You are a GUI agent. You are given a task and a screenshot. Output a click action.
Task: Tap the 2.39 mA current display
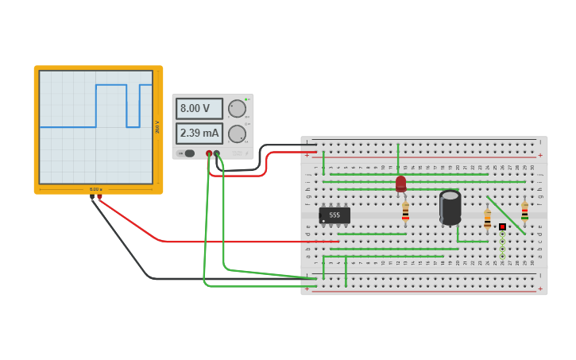pos(199,134)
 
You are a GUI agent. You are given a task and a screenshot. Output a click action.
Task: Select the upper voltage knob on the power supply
pos(237,109)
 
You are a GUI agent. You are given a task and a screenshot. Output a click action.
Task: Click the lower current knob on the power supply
pos(237,134)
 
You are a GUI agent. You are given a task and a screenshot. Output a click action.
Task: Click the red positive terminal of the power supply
pos(209,153)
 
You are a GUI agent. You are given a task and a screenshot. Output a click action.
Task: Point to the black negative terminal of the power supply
pos(217,153)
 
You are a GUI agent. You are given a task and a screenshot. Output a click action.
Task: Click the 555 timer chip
pos(334,215)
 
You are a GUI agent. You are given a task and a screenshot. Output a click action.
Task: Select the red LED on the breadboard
pos(400,184)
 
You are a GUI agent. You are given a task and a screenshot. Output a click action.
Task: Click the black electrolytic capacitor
pos(450,207)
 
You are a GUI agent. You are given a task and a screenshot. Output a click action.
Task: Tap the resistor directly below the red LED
pos(405,211)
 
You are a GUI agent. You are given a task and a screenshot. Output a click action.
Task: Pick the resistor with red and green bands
pos(524,211)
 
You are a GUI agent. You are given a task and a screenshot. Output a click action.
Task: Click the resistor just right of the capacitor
pos(487,217)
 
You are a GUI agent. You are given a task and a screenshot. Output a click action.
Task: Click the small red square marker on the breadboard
pos(502,226)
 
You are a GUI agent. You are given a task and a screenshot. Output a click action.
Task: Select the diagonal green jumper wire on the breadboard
pos(505,215)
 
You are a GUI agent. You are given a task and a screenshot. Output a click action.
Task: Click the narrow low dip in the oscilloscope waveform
pos(133,115)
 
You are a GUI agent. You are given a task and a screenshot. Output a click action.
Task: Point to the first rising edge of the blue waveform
pos(96,105)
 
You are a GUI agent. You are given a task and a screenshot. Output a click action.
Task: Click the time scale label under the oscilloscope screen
pos(95,189)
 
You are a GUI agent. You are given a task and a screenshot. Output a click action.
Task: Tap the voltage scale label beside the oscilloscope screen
pos(157,127)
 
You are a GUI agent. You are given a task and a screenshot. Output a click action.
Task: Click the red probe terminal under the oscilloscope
pos(99,195)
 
